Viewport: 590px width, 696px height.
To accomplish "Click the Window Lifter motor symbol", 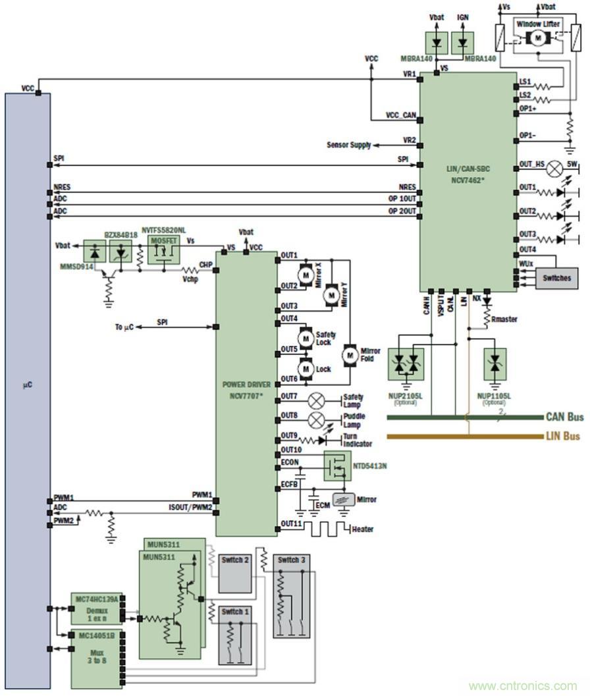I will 538,38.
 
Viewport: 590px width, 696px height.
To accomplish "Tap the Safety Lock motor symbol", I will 306,338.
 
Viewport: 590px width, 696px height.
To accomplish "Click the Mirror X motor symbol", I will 306,273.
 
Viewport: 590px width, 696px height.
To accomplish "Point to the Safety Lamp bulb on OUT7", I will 317,399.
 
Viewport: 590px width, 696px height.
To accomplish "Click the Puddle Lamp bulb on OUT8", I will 317,419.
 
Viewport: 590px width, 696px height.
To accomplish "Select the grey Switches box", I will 556,278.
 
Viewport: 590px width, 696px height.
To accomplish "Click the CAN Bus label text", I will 564,417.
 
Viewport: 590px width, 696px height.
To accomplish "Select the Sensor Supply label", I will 349,145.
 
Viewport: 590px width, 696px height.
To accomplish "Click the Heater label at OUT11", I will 363,529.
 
